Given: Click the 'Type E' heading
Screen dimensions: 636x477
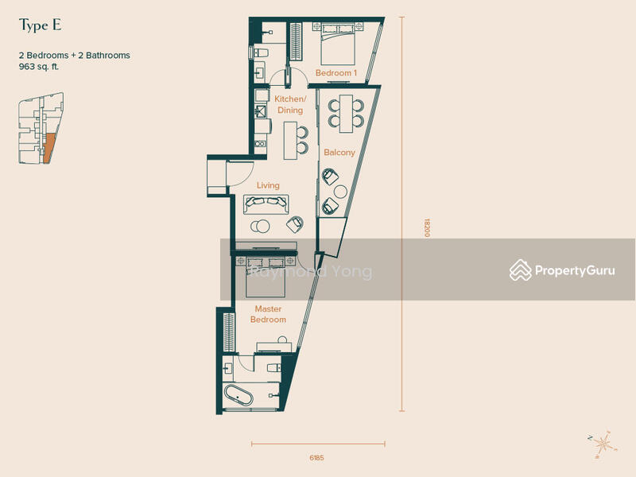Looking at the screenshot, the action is [x=41, y=25].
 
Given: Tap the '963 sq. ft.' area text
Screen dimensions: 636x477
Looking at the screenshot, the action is [x=39, y=67].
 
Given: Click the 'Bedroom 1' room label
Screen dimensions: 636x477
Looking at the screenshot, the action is [x=336, y=73].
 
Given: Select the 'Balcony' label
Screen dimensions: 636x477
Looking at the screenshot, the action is [x=339, y=153].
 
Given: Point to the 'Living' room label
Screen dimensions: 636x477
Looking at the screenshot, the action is [x=268, y=185].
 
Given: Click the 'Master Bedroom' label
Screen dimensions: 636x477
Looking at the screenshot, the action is [x=268, y=314].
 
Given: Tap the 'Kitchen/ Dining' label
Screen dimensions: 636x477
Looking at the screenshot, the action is [x=290, y=105].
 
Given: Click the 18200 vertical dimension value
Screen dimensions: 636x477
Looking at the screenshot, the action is [x=427, y=228].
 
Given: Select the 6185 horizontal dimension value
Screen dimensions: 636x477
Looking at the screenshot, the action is [x=316, y=458].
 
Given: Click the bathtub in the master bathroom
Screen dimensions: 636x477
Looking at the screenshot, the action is [x=239, y=395].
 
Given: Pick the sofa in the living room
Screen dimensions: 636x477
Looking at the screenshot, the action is [x=266, y=204].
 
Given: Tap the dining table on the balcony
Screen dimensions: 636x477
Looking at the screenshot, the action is [x=346, y=114].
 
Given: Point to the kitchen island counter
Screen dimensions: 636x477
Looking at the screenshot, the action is [x=290, y=141].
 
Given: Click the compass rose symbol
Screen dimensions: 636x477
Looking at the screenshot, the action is [x=603, y=444].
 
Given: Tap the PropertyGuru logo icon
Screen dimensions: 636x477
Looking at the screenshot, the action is [x=521, y=270].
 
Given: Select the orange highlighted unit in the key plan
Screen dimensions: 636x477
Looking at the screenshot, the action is [x=48, y=149].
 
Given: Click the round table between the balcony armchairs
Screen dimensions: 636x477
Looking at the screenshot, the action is [x=340, y=192].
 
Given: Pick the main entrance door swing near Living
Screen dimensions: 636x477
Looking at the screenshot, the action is [x=241, y=174].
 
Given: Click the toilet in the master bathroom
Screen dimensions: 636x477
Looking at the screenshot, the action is [x=273, y=367].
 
